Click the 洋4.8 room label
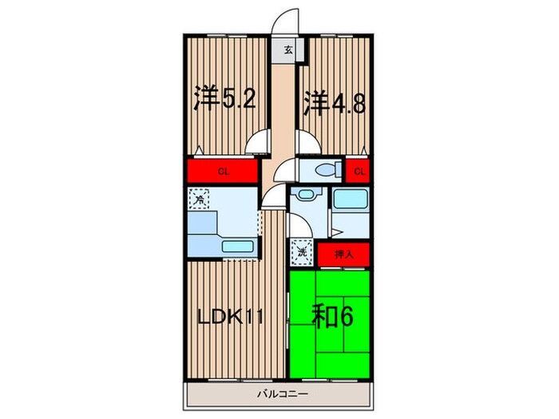335,104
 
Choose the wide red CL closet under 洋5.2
223,170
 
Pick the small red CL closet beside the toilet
359,170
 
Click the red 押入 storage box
343,254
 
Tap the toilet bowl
325,170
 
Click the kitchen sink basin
236,247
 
